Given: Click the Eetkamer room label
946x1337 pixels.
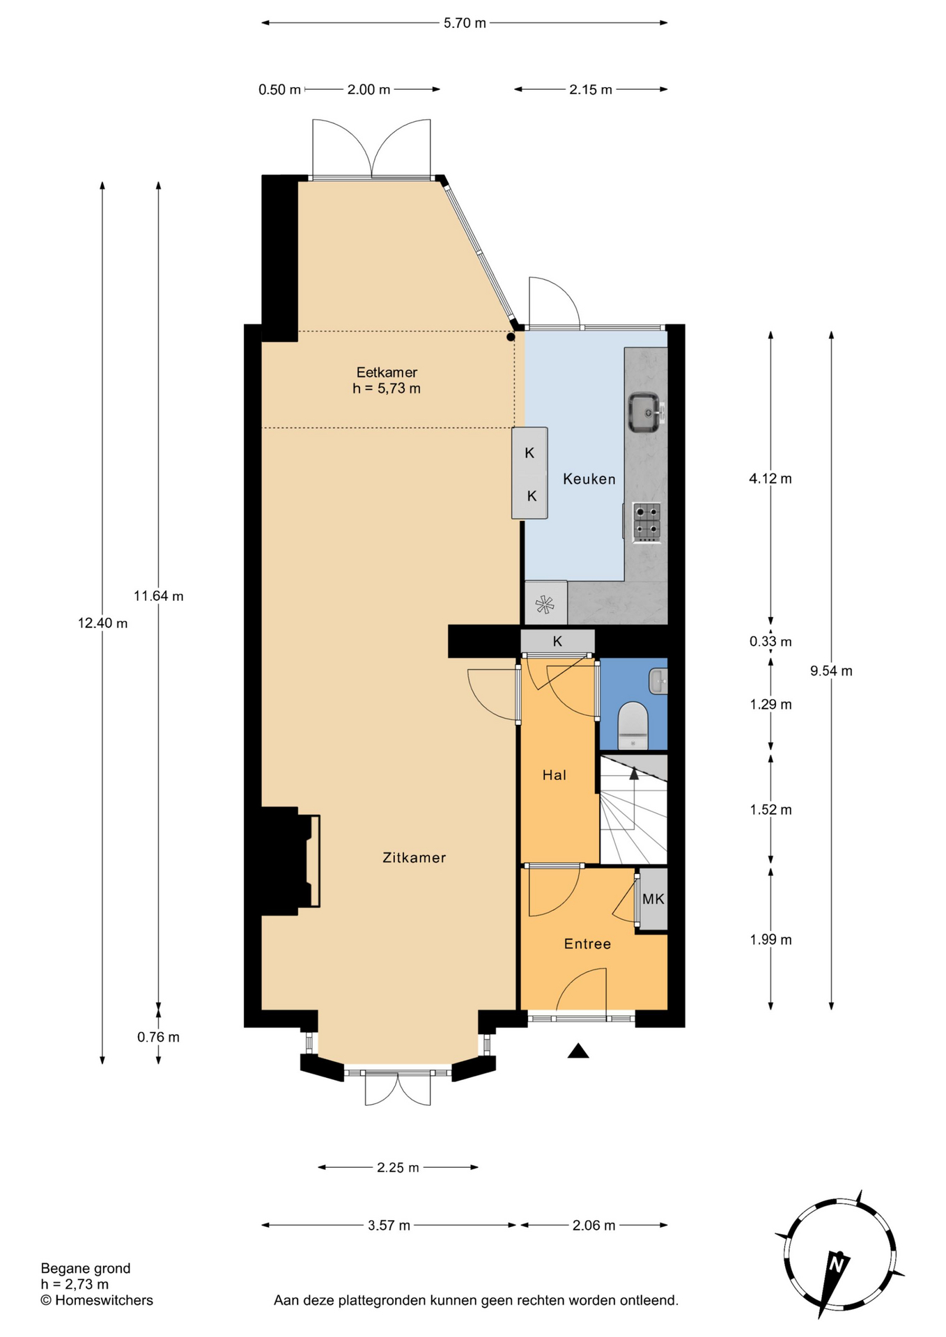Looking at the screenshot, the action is [387, 373].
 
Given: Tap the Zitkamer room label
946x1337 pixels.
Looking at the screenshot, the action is [414, 858].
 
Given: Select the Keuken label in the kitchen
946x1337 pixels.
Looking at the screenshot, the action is [589, 479].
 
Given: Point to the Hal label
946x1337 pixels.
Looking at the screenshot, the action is [555, 775].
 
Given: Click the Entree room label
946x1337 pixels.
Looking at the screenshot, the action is [587, 944].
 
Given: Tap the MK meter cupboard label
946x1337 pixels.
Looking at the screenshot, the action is [653, 899].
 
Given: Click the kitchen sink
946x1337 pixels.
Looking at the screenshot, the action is [646, 413].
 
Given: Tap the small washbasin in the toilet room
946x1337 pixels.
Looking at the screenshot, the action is [658, 681].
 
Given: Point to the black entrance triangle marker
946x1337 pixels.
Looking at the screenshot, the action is [578, 1051].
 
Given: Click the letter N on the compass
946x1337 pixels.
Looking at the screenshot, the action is [838, 1261].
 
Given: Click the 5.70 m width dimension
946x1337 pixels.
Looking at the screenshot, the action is [465, 23].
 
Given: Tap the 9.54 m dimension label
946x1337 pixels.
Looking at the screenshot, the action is [831, 671].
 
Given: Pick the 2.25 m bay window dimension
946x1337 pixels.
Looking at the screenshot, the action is [398, 1168].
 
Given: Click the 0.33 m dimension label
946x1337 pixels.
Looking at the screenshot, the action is [770, 642].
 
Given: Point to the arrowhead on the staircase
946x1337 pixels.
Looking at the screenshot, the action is [634, 772].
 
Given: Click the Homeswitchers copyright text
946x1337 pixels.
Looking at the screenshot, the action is [97, 1300].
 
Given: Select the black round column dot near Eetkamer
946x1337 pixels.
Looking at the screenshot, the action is [511, 337].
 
